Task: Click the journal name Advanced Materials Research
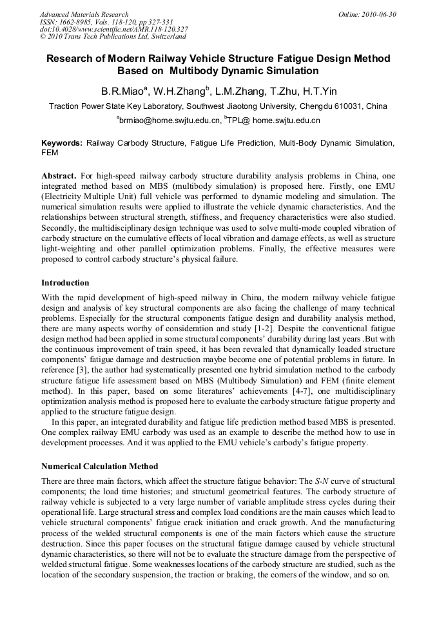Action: point(84,14)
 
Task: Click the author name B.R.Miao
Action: point(122,91)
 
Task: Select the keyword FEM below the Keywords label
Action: point(50,153)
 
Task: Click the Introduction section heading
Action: point(65,283)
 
